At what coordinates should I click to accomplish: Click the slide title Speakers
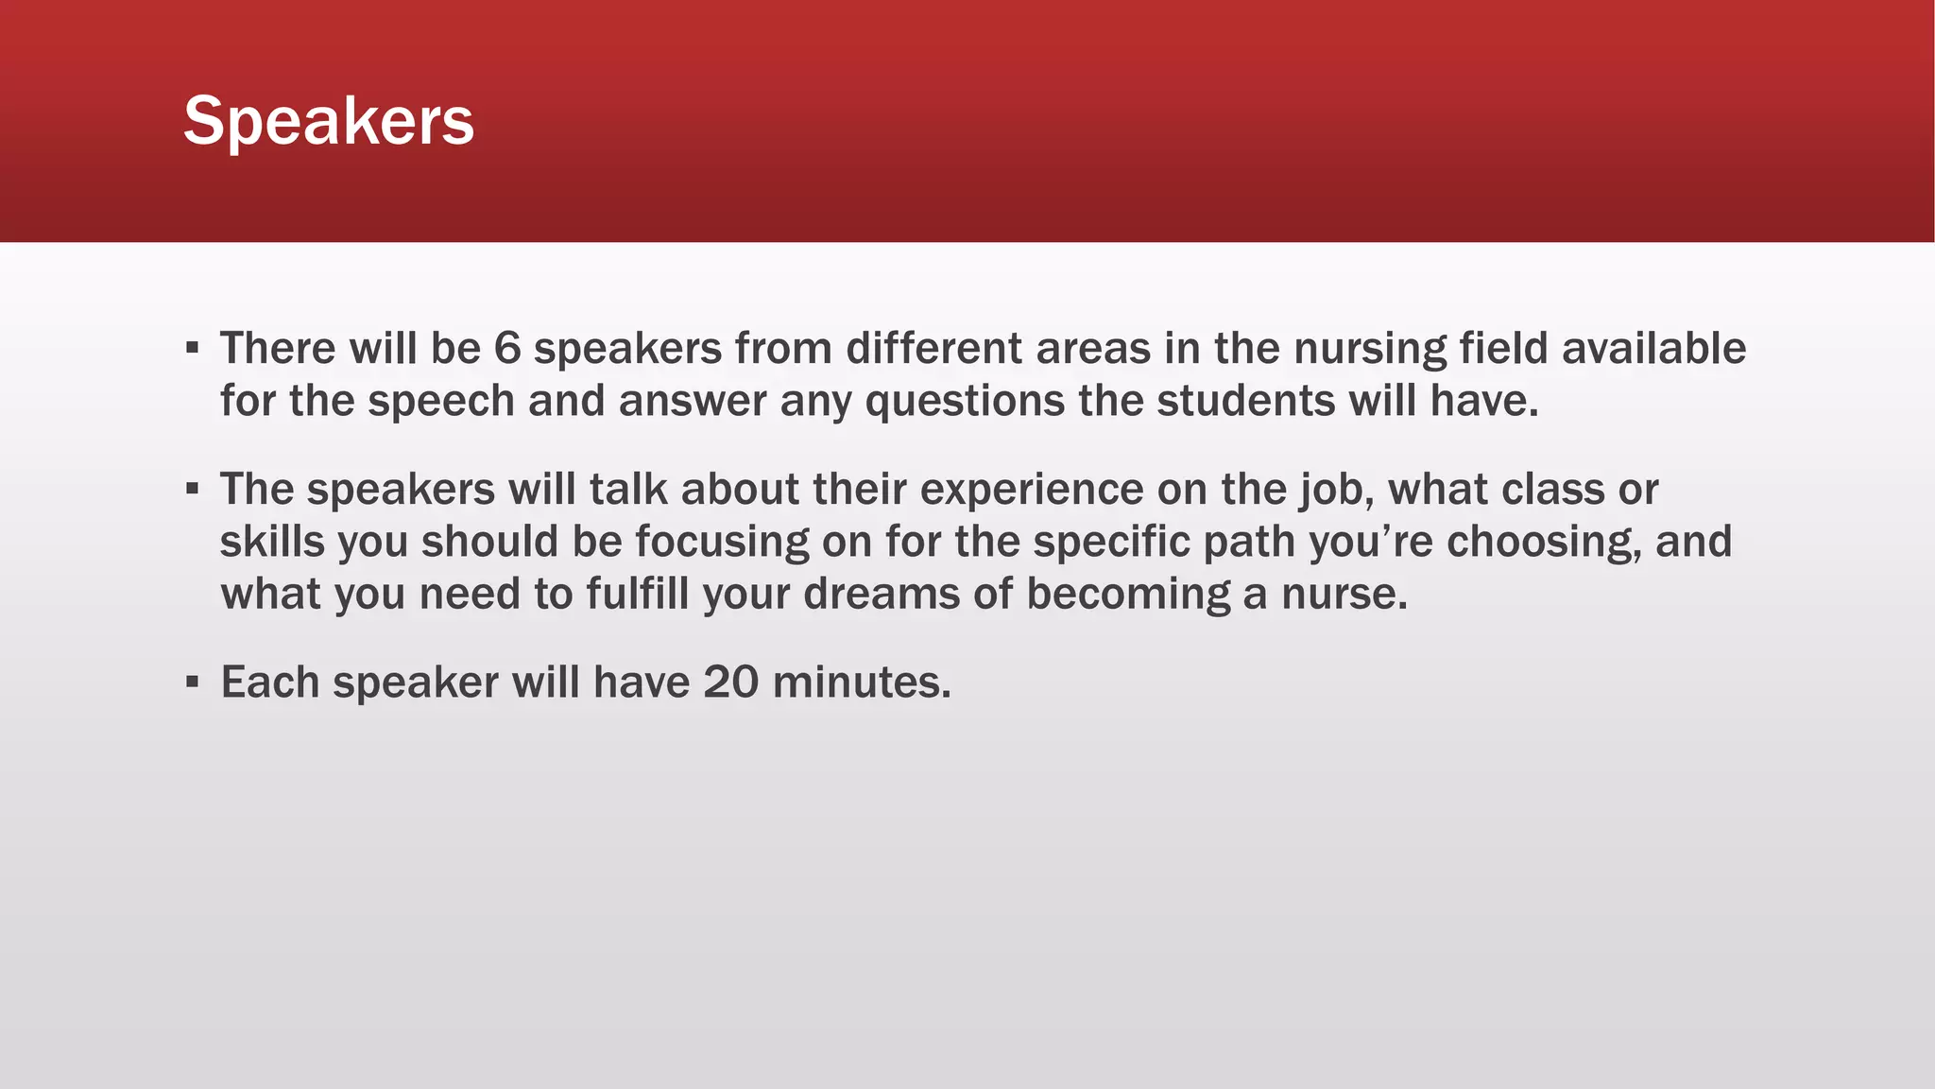[x=329, y=121]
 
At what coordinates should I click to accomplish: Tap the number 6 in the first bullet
[x=507, y=349]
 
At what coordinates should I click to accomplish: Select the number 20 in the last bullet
[x=730, y=683]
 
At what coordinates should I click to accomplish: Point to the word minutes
[x=861, y=683]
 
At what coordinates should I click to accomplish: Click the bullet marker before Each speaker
[x=193, y=682]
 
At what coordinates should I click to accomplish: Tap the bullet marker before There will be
[x=193, y=348]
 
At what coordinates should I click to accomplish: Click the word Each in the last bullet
[x=269, y=683]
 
